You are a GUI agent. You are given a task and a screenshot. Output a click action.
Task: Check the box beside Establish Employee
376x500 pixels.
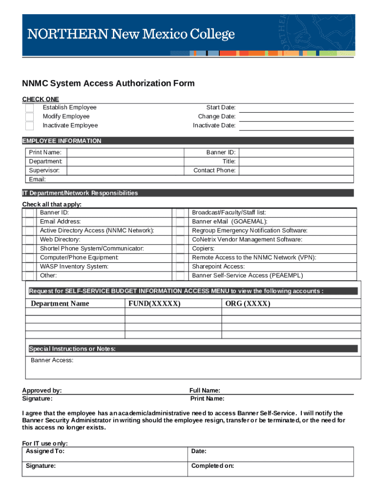tap(30, 107)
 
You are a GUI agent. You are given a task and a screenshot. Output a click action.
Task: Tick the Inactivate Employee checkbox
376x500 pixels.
tap(30, 125)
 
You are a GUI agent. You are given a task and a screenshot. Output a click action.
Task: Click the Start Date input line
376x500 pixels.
tap(295, 107)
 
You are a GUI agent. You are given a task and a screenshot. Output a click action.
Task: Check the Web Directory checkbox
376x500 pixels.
tap(30, 240)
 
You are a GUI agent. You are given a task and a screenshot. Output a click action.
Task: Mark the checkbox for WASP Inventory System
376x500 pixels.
tap(30, 267)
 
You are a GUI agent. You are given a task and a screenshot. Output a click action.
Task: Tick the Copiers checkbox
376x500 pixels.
tap(180, 249)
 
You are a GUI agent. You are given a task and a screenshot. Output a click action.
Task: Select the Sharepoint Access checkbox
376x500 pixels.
tap(180, 267)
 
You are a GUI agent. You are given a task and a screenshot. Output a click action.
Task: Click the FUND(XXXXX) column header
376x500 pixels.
tap(154, 304)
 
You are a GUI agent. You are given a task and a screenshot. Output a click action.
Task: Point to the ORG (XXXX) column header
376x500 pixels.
tap(248, 304)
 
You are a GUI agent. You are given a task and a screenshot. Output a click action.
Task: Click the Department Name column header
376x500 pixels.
tap(60, 304)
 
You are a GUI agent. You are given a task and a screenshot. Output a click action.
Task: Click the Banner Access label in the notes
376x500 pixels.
tap(52, 360)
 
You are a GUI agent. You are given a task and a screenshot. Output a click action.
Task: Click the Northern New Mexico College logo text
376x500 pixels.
tap(131, 35)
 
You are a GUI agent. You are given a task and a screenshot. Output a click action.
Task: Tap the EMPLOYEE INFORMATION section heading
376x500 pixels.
tap(62, 141)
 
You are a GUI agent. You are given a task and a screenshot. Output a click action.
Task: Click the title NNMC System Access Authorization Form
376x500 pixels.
tap(108, 83)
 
